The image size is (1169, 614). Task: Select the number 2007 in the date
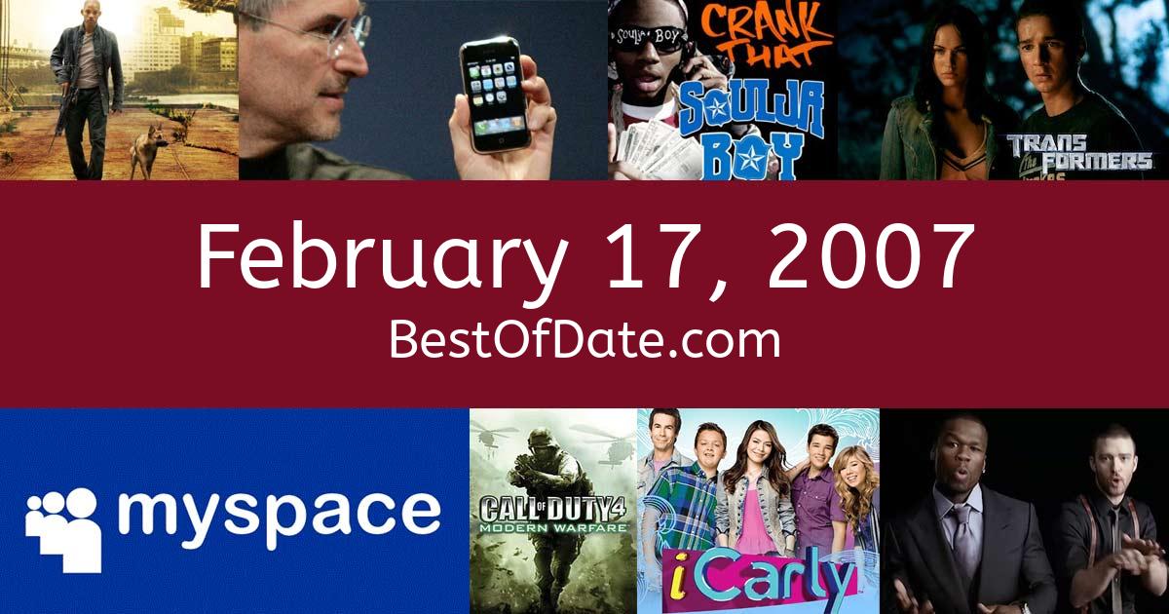(x=869, y=256)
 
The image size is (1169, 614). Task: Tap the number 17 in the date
(x=662, y=256)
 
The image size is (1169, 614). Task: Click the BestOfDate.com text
(x=584, y=340)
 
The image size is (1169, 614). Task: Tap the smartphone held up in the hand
(x=494, y=96)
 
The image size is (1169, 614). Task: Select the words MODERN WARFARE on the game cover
(x=553, y=528)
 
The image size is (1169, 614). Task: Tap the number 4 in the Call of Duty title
(x=618, y=508)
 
